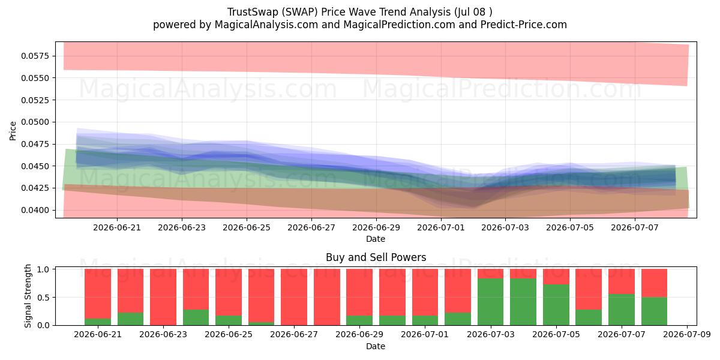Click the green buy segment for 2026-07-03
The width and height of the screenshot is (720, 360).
pos(491,302)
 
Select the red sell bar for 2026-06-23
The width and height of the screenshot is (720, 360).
pos(163,297)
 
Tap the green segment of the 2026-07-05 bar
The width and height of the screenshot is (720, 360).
pos(556,305)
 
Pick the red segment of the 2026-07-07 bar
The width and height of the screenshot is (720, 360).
pos(622,281)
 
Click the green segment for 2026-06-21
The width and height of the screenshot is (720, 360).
pos(98,322)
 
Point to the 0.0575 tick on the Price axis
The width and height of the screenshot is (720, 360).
pos(35,56)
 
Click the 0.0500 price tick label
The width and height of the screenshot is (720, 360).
pos(35,122)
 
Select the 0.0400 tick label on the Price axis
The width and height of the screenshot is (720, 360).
pos(35,210)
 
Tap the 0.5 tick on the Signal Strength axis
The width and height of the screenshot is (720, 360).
pos(44,298)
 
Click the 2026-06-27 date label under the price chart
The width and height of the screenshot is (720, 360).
pos(311,227)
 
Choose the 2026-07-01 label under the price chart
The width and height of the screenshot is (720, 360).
pos(440,227)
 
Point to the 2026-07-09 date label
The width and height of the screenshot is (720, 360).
pos(687,334)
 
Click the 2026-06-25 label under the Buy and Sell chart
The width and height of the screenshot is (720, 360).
pos(229,334)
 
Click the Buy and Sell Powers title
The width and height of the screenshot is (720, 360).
pos(376,257)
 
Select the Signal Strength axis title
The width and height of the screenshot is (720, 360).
pos(28,296)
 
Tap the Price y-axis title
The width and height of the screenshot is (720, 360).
pos(13,131)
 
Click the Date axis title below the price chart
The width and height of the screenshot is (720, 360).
pos(376,239)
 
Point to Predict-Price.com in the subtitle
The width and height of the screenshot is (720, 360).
pos(524,25)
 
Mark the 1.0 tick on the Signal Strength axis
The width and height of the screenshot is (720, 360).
pos(44,269)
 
